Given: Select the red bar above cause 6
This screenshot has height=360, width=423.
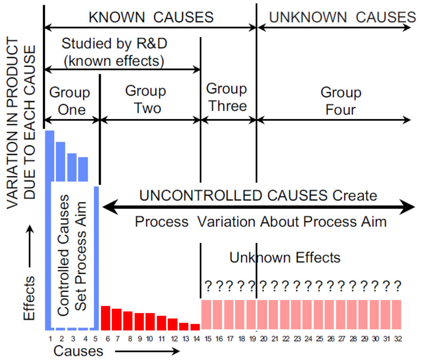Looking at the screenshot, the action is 106,318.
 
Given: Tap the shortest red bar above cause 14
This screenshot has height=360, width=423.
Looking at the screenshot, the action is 195,327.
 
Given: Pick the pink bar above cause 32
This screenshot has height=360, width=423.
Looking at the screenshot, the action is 397,315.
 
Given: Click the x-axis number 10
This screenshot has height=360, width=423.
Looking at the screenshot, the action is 149,339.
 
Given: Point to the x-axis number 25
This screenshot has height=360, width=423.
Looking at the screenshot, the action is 319,339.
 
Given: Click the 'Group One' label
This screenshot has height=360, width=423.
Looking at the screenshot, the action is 69,101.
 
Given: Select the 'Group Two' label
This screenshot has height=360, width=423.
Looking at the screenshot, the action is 145,100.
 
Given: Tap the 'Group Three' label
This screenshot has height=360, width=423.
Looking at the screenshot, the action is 227,97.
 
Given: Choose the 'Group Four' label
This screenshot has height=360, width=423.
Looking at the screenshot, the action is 341,101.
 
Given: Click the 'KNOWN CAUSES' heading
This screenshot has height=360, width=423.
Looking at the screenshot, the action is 151,17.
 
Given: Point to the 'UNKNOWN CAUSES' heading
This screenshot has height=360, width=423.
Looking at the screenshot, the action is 343,17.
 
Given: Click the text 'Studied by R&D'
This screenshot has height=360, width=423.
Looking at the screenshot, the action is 114,43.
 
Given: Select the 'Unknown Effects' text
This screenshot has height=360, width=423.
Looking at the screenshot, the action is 285,257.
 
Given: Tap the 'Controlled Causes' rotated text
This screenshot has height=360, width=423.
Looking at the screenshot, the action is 63,255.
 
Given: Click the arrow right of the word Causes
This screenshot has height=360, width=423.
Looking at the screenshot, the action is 147,351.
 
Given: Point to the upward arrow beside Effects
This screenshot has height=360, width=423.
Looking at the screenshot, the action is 30,246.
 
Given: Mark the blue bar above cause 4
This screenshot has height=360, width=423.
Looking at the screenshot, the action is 83,169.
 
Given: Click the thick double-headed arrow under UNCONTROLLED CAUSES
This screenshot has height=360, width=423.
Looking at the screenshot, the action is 258,207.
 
